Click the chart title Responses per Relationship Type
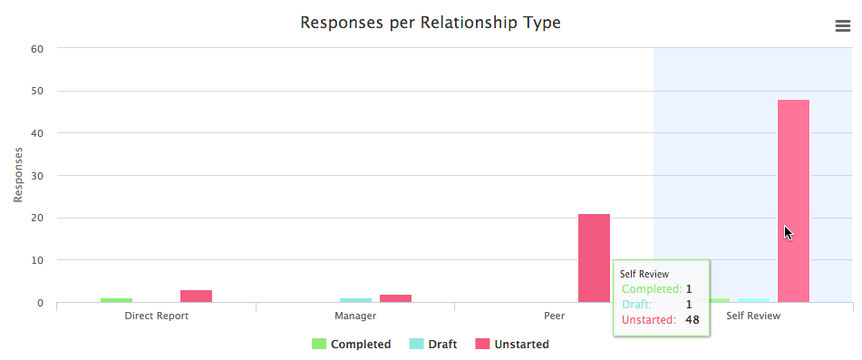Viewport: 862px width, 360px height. pos(431,22)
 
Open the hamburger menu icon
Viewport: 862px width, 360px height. pos(842,26)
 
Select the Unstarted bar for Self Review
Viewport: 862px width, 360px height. pos(793,199)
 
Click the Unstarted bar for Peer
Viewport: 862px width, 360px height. pos(594,258)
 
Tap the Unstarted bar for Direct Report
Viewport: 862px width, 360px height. pos(196,296)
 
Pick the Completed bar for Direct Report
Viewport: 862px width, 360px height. pos(116,300)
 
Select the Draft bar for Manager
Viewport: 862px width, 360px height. pos(355,300)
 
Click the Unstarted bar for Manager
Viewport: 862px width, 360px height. pos(395,298)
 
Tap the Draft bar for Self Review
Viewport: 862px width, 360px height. pos(753,300)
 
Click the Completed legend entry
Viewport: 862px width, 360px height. pos(352,345)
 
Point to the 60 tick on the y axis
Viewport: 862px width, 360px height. pos(37,48)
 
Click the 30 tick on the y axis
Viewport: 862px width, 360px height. pos(37,176)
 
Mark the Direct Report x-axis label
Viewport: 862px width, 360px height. pos(156,316)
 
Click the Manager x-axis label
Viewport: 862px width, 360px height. pos(355,316)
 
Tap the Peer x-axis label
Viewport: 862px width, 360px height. pos(554,316)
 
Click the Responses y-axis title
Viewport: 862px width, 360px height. pos(18,175)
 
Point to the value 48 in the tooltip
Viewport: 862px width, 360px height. pos(692,319)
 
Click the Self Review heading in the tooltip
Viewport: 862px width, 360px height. pos(644,273)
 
